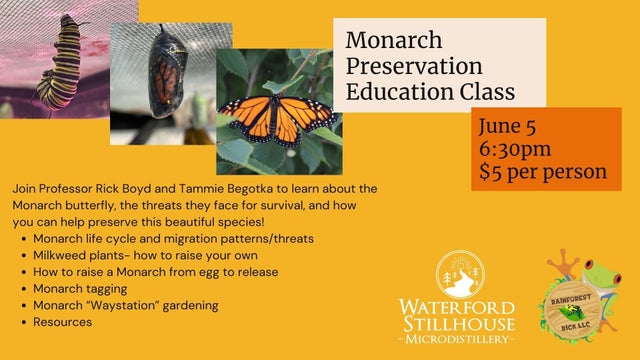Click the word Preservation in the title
click(x=414, y=67)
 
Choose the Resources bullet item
click(x=62, y=322)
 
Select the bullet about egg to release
click(x=155, y=272)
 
